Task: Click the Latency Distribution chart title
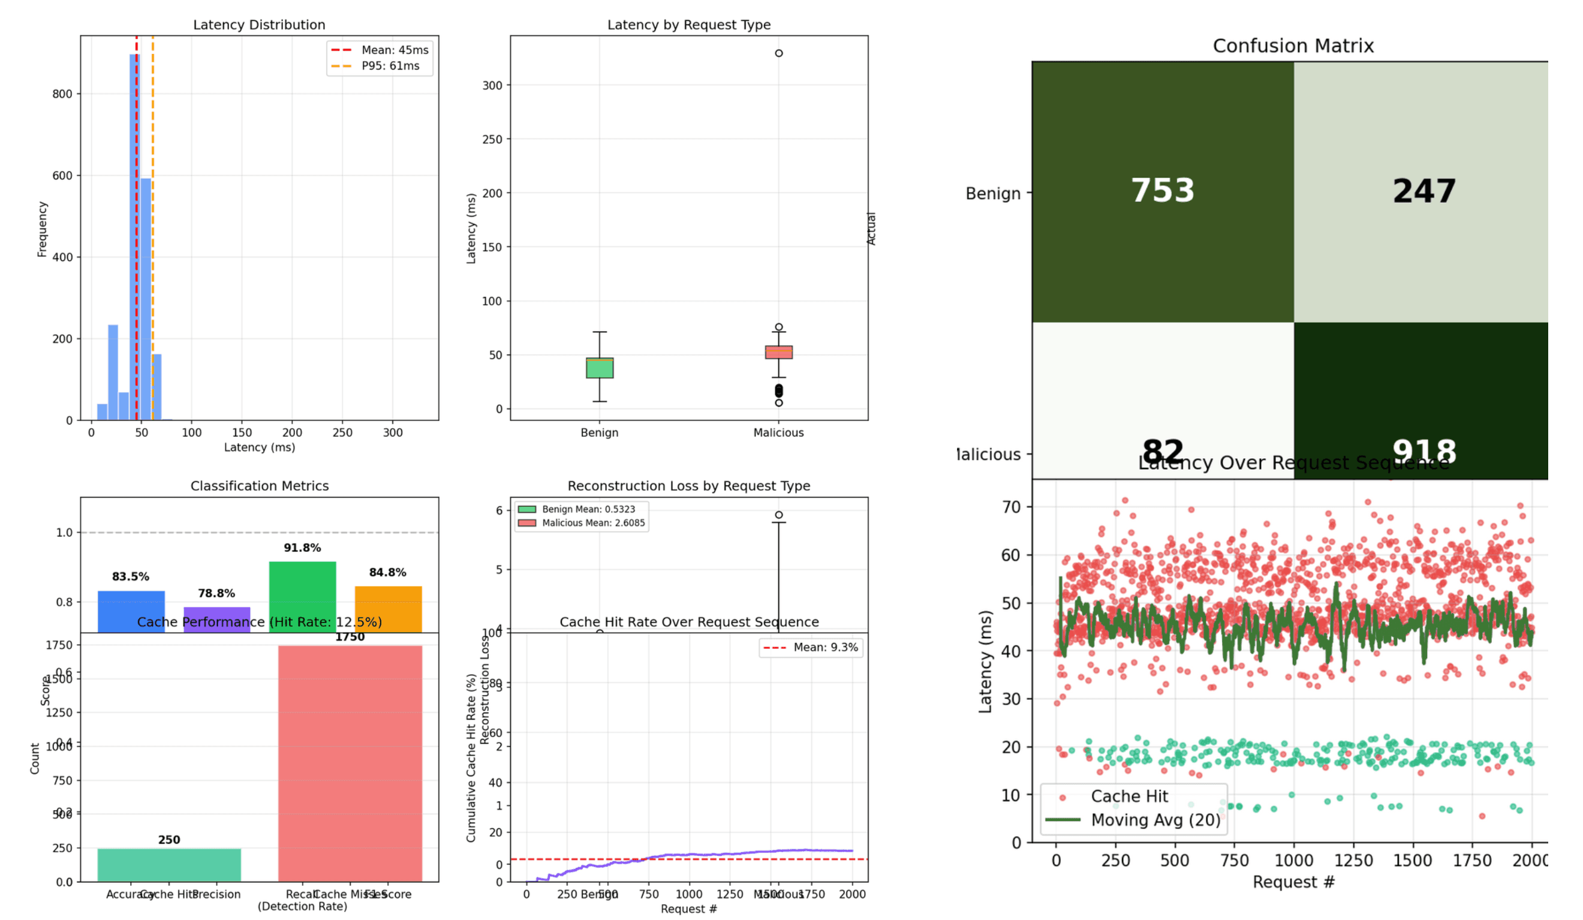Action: pos(259,25)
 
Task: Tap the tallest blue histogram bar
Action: pos(134,239)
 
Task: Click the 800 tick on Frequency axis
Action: pos(62,94)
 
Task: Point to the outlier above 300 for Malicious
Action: pos(778,53)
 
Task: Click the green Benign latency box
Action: pos(599,368)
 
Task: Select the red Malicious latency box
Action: pos(778,352)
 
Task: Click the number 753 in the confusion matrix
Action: pos(1162,190)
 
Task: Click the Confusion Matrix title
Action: pos(1293,46)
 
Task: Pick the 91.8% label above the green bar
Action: pos(302,548)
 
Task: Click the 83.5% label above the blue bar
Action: pos(131,577)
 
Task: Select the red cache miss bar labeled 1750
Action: pos(350,763)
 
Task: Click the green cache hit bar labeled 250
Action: pos(169,865)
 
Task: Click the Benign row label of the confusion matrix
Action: pos(992,194)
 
